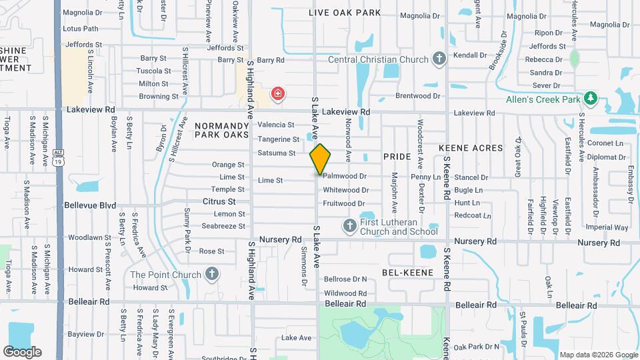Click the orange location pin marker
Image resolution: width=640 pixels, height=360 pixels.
click(x=320, y=159)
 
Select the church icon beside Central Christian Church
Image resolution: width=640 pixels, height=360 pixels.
click(x=439, y=59)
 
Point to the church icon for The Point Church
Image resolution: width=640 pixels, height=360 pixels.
click(x=211, y=274)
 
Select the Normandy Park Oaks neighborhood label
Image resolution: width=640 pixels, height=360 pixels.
click(x=221, y=130)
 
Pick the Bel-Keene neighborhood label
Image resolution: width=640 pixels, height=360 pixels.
click(x=407, y=272)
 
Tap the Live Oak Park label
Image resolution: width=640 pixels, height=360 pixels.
click(x=345, y=13)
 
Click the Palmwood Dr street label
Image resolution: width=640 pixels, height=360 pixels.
click(x=345, y=177)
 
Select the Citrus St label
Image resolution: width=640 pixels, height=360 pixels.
click(x=219, y=201)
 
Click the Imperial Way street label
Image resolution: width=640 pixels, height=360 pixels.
click(x=607, y=227)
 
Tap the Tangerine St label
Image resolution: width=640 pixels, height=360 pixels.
click(x=279, y=139)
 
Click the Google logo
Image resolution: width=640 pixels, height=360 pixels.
click(x=23, y=351)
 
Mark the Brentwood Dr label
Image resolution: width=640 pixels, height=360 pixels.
click(x=418, y=96)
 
